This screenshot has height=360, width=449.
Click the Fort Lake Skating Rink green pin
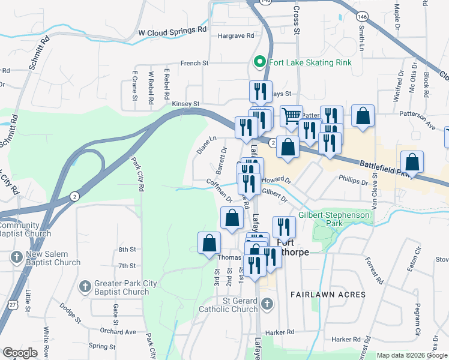[x=260, y=62]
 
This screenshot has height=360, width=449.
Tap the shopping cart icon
[x=291, y=115]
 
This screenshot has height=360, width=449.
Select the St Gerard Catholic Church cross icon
[x=267, y=304]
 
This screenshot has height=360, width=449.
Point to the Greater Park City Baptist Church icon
[x=85, y=286]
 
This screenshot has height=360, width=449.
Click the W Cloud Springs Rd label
[x=172, y=29]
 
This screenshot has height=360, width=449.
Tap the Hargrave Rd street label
[x=236, y=36]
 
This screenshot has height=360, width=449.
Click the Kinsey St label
[x=185, y=104]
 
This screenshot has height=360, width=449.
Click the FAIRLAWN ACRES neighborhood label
[x=328, y=295]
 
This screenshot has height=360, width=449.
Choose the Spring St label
[x=102, y=346]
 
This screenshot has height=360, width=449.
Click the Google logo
[x=20, y=353]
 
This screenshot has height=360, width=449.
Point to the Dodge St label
[x=70, y=313]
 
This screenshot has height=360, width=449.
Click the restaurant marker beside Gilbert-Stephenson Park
[x=284, y=226]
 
